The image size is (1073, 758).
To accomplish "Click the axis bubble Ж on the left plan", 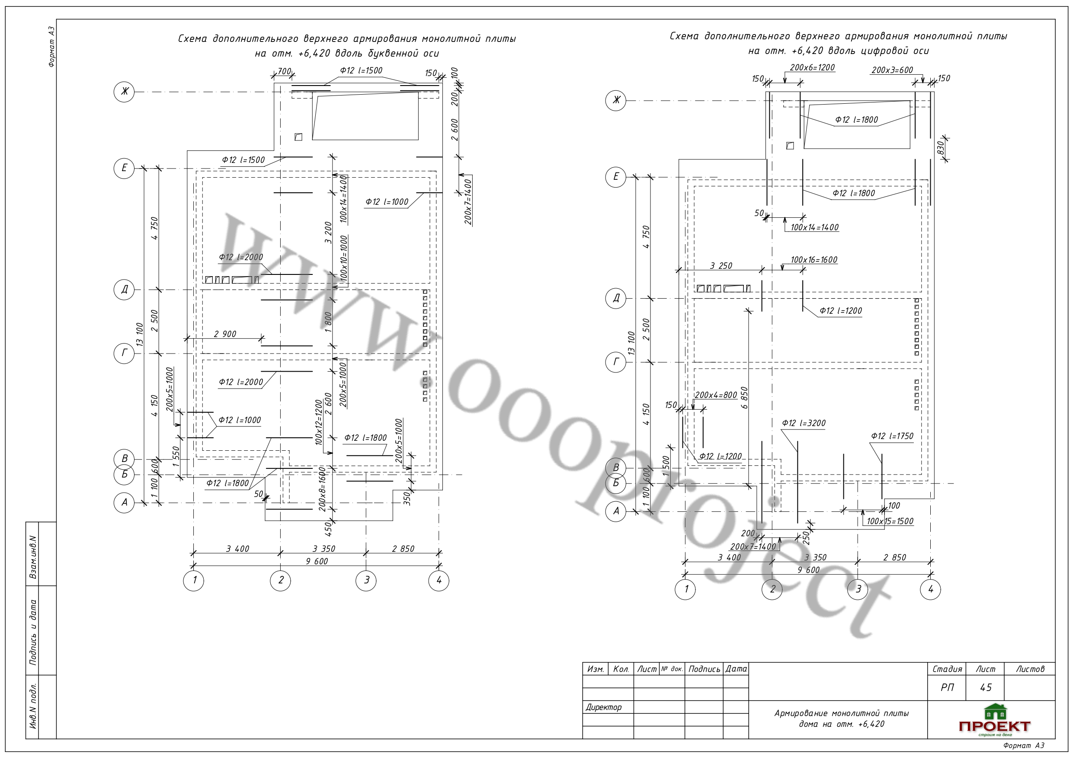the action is [124, 92].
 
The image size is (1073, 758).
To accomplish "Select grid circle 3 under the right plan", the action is [858, 589].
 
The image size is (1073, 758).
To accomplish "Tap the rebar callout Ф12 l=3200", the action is [804, 423].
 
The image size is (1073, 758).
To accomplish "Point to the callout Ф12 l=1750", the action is [892, 436].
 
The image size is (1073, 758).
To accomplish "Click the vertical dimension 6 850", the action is [744, 398].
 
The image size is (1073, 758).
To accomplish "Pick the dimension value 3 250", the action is [721, 266].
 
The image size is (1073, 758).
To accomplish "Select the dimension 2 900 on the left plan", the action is [225, 334].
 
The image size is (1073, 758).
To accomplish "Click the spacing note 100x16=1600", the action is [814, 260].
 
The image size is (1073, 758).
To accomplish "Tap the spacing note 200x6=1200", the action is [812, 67].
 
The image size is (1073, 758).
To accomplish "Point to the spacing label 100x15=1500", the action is [890, 521].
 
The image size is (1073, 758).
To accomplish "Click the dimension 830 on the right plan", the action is [941, 148].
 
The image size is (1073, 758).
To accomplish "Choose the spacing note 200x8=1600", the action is [322, 489].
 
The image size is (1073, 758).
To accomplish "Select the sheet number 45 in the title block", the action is [986, 688].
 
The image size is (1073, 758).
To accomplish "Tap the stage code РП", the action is [947, 688].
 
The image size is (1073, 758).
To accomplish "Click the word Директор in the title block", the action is [603, 707].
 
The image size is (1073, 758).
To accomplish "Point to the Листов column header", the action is [1030, 669].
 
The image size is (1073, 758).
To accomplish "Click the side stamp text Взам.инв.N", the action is [33, 557].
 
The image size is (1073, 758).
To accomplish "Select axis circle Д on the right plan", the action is [616, 298].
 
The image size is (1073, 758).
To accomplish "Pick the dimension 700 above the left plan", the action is [284, 71].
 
